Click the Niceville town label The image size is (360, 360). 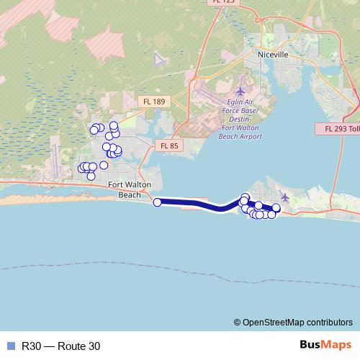pyautogui.click(x=274, y=54)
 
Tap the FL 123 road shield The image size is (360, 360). pyautogui.click(x=223, y=2)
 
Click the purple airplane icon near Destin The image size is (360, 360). pyautogui.click(x=286, y=197)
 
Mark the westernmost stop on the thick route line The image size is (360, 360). pyautogui.click(x=158, y=202)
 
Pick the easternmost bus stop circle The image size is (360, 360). pyautogui.click(x=276, y=207)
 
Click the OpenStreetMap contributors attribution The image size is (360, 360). pyautogui.click(x=293, y=322)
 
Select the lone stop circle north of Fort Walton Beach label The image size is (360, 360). pyautogui.click(x=104, y=165)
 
